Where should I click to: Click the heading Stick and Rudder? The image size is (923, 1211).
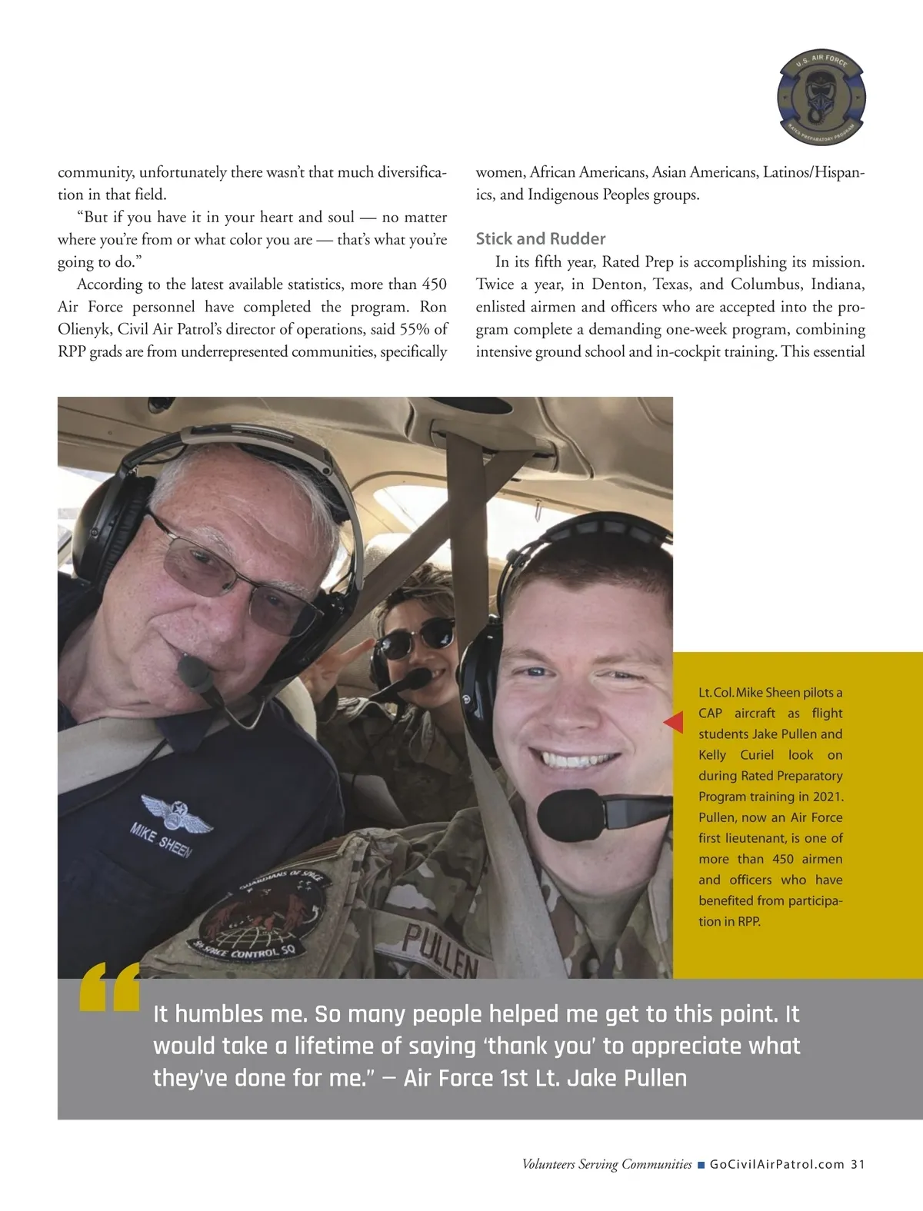tap(540, 238)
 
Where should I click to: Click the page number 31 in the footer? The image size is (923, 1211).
tap(858, 1164)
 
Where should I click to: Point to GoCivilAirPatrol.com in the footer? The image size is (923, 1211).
tap(777, 1164)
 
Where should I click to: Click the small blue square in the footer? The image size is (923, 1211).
tap(701, 1165)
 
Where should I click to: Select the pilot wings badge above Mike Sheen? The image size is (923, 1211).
tap(177, 813)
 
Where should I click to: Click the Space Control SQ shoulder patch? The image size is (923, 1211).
tap(262, 919)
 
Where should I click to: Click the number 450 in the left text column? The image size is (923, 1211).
tap(435, 284)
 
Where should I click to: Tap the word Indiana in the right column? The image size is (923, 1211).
tap(838, 284)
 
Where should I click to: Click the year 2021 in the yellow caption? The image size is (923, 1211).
tap(828, 797)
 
